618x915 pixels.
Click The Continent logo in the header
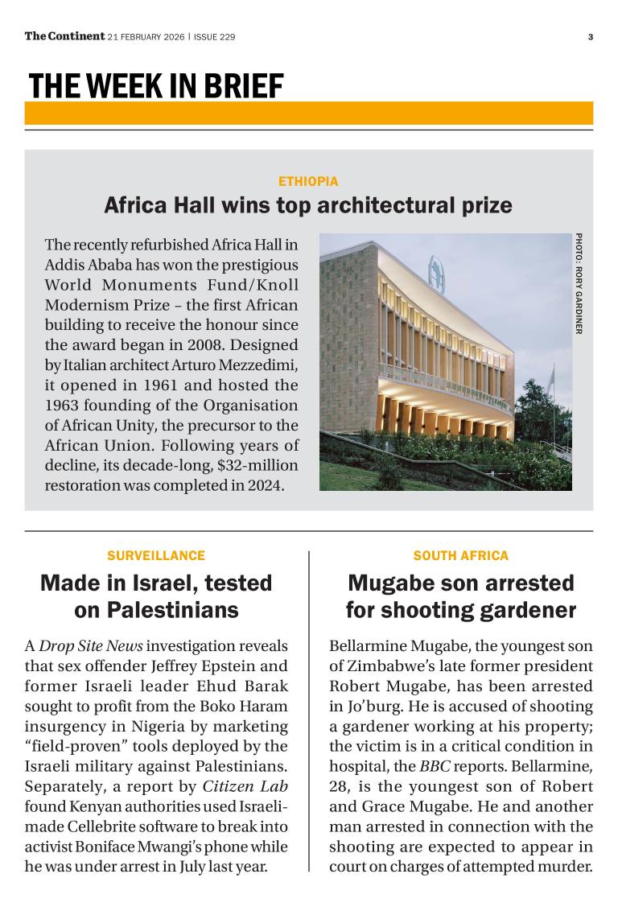pyautogui.click(x=64, y=36)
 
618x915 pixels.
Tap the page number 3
pyautogui.click(x=590, y=37)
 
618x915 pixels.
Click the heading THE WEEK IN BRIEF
pyautogui.click(x=156, y=85)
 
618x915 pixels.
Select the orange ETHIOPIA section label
pyautogui.click(x=308, y=182)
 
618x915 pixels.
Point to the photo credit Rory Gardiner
pyautogui.click(x=579, y=283)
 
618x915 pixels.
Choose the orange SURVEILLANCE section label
pyautogui.click(x=156, y=555)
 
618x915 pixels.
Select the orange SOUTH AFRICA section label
pyautogui.click(x=461, y=555)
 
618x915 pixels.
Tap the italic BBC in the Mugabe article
pyautogui.click(x=435, y=766)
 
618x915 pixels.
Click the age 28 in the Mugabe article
pyautogui.click(x=339, y=786)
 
